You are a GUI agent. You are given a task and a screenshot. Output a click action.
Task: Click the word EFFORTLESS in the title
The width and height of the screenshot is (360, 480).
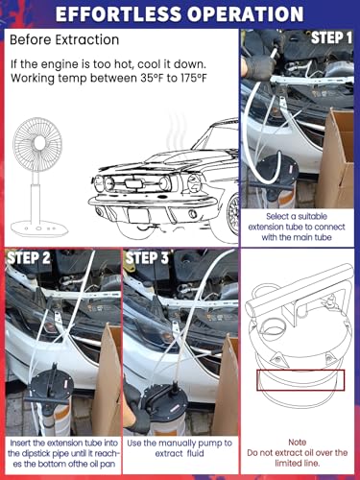pos(119,14)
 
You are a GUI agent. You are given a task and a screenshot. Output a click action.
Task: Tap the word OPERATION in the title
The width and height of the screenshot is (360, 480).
pos(246,14)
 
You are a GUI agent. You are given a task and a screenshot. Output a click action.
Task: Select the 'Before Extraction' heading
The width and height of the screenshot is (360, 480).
pos(64,40)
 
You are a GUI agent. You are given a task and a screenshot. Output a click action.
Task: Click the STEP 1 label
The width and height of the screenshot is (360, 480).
pos(331,37)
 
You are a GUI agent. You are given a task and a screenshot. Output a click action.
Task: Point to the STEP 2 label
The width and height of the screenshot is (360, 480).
pos(29,257)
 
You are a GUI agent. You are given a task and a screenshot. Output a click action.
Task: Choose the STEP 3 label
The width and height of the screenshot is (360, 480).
pos(147,257)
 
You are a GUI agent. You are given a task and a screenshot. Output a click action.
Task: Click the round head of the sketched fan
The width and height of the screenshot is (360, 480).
pos(37,145)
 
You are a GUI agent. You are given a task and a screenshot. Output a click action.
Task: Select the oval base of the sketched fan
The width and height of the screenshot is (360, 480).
pos(39,228)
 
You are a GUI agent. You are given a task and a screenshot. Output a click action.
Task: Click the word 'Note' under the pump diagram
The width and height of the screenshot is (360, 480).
pos(298,443)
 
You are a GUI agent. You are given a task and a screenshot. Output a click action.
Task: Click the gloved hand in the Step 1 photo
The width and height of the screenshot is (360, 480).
pos(259,65)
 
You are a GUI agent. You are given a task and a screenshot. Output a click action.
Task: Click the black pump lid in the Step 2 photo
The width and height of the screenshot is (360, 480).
pos(51,386)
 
